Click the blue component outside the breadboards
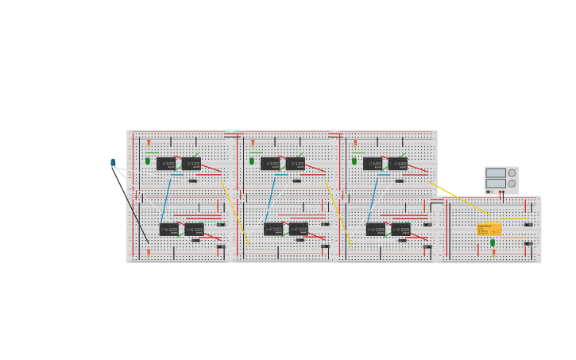click(113, 162)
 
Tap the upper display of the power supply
click(495, 172)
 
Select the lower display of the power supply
click(495, 183)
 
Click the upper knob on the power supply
click(512, 172)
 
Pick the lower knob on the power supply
click(512, 184)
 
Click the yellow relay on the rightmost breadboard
click(489, 229)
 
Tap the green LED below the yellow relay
click(493, 242)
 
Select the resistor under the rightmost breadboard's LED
click(493, 252)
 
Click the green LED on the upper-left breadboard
click(148, 161)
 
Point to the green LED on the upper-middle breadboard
click(252, 161)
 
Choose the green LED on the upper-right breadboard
click(354, 161)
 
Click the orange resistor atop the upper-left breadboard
click(149, 143)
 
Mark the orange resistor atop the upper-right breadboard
click(355, 143)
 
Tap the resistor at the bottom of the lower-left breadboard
click(149, 253)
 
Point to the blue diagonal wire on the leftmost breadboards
click(165, 200)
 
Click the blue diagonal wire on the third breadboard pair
click(373, 200)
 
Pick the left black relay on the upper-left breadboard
click(166, 164)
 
